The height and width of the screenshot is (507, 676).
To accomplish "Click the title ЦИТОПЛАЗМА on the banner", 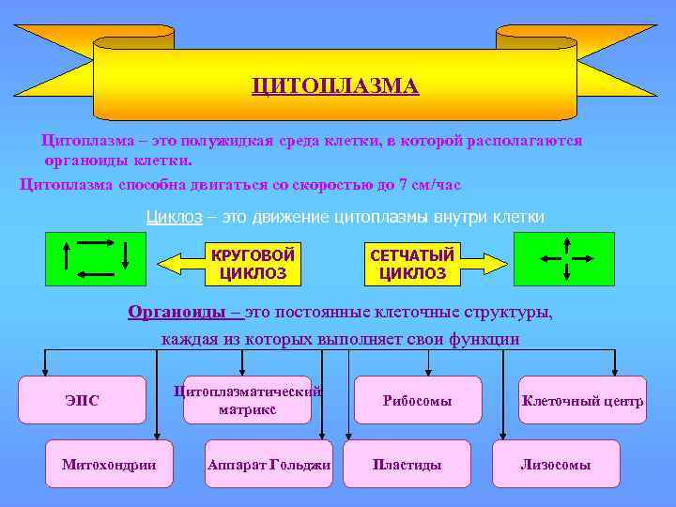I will [x=335, y=86].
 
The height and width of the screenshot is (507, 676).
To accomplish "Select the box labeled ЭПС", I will [x=83, y=400].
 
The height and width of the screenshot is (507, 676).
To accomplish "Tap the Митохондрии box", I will [x=109, y=464].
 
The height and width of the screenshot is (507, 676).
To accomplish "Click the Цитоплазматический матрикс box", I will [x=247, y=400].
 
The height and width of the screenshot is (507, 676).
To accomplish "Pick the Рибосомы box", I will [x=417, y=400].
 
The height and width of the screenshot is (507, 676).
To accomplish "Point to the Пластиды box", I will [x=407, y=464].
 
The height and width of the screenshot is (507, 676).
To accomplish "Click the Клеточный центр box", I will [x=582, y=400].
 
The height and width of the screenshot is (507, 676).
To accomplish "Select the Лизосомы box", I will [x=556, y=464].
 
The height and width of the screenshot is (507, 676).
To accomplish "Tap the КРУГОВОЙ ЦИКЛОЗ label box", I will [x=253, y=264].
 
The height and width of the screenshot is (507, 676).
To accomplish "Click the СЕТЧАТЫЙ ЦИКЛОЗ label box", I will [x=412, y=264].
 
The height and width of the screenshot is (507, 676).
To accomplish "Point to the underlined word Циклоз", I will [x=174, y=217].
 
